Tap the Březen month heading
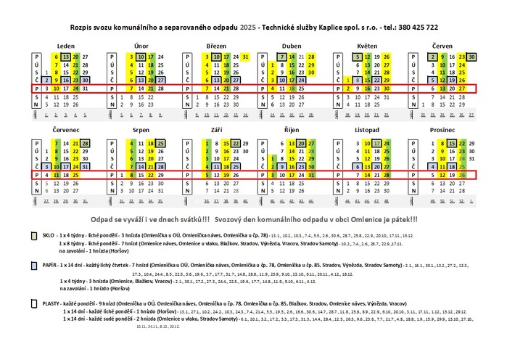click(x=216, y=45)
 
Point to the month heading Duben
click(x=292, y=45)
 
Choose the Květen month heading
click(x=367, y=45)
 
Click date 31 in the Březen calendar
click(x=246, y=57)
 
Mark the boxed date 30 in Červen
click(x=471, y=57)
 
